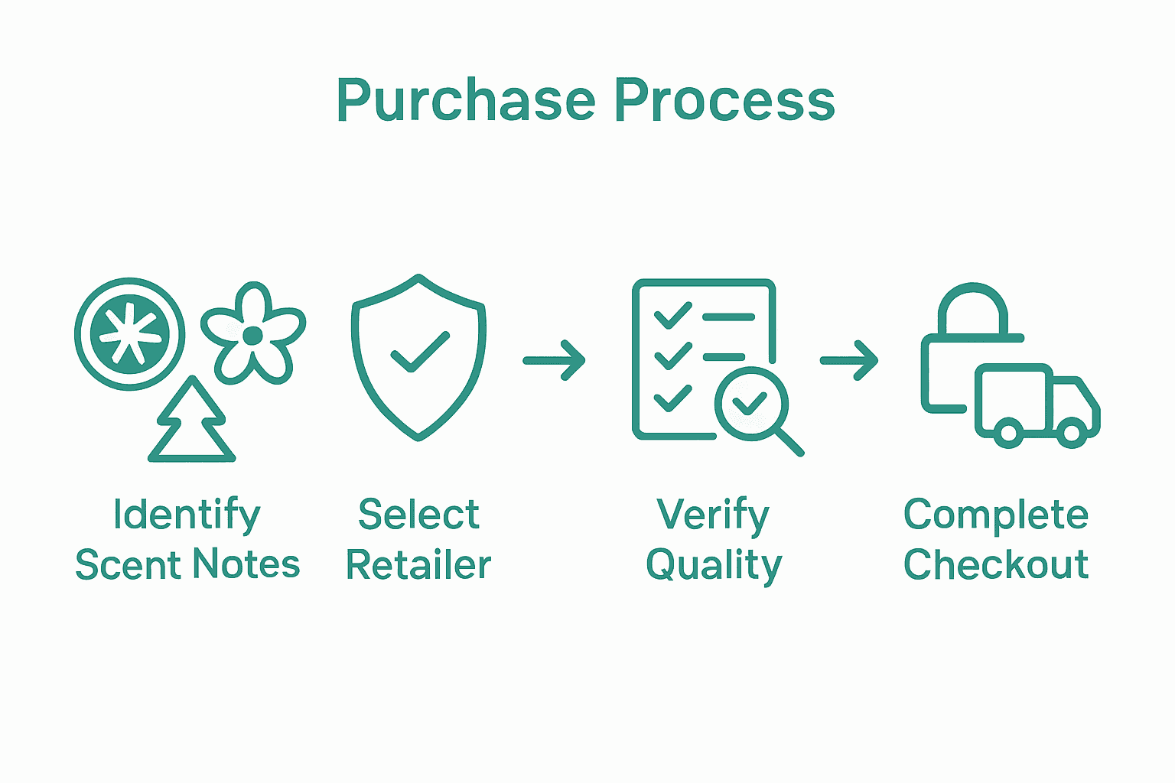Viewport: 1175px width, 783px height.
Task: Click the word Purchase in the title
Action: click(x=465, y=100)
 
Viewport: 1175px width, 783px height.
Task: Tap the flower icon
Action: click(x=252, y=334)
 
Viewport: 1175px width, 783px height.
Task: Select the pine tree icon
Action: click(x=191, y=421)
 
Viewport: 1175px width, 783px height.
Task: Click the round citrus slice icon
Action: click(x=129, y=334)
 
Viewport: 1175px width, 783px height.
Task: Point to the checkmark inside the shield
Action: click(x=419, y=352)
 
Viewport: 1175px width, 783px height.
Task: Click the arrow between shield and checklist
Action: click(x=554, y=359)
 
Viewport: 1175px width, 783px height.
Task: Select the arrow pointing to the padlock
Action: click(x=849, y=359)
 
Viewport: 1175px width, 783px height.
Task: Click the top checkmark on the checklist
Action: click(x=672, y=314)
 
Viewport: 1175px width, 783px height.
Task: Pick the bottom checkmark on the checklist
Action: click(x=672, y=398)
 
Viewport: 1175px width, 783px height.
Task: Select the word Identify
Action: click(x=187, y=515)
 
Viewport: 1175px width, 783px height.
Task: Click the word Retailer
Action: click(x=418, y=565)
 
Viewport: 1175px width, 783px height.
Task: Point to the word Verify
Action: click(x=712, y=515)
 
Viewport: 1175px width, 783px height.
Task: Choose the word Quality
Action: click(x=714, y=567)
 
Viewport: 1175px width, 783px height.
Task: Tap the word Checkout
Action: click(x=995, y=565)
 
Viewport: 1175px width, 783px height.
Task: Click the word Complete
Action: click(x=995, y=515)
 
